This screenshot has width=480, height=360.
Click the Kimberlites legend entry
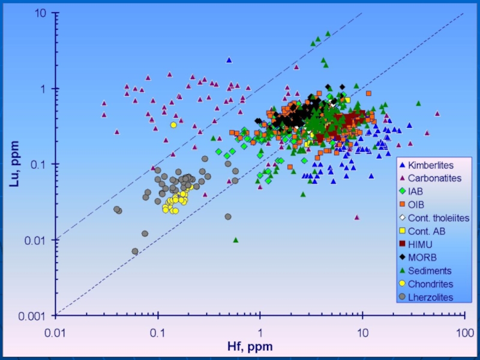click(x=430, y=164)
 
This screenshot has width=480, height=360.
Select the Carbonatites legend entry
click(x=434, y=178)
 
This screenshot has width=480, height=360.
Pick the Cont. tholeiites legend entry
click(x=438, y=217)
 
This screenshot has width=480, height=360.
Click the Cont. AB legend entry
click(x=427, y=230)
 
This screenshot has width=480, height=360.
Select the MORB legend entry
click(x=421, y=257)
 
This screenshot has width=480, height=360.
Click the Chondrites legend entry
click(x=430, y=284)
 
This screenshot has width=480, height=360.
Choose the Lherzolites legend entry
click(x=430, y=297)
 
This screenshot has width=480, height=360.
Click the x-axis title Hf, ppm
click(x=249, y=346)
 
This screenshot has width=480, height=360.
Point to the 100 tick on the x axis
click(x=463, y=331)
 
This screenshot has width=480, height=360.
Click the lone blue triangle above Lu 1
click(x=229, y=60)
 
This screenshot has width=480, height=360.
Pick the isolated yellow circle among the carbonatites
click(x=173, y=125)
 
